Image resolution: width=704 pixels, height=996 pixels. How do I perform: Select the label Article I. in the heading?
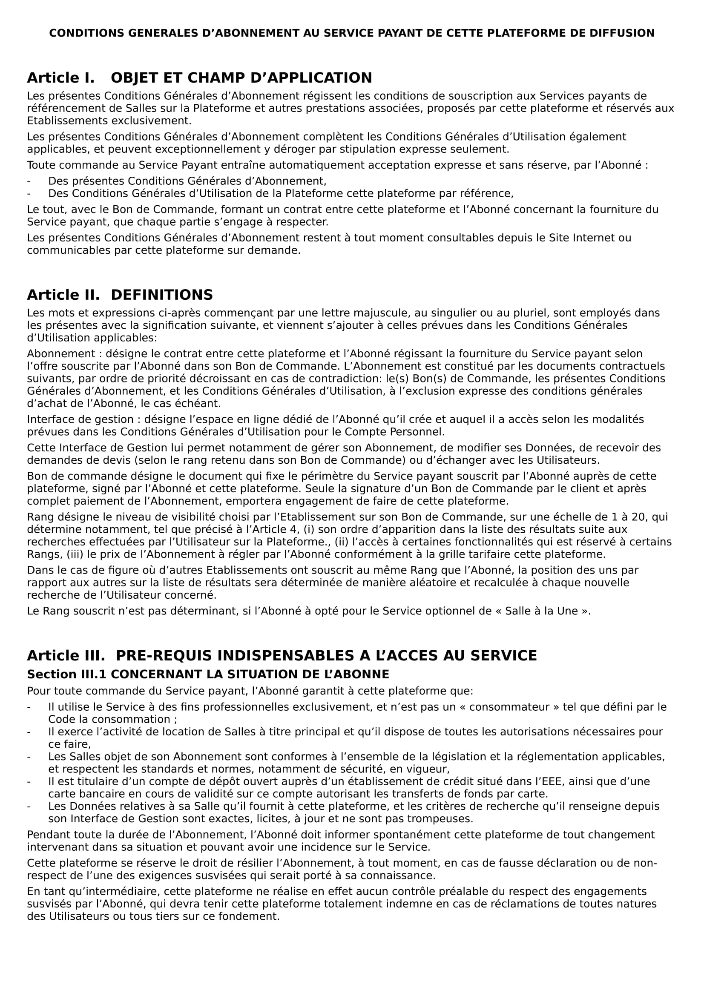(x=61, y=78)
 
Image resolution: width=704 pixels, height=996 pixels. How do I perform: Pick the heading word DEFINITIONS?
(x=162, y=295)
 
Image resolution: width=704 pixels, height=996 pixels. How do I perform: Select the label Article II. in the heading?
(x=63, y=295)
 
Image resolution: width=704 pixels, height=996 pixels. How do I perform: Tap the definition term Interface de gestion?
(x=80, y=419)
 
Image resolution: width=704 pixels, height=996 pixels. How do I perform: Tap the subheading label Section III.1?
(x=67, y=675)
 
